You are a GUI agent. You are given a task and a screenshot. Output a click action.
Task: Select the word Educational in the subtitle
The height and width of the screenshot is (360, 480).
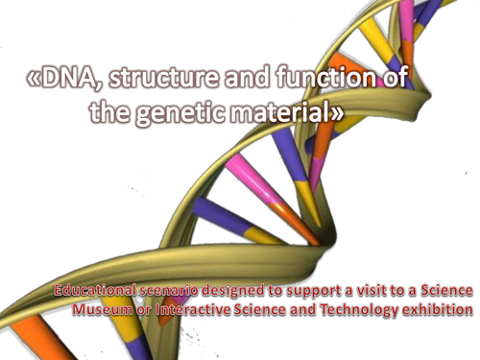pos(95,291)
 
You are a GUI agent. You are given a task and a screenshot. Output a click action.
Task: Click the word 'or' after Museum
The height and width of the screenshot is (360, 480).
pos(146,310)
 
